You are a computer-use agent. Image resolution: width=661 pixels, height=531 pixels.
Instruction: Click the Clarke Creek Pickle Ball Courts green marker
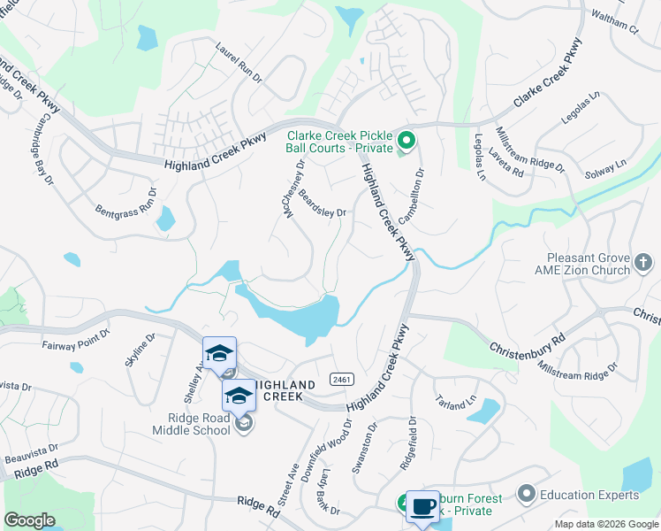coord(406,141)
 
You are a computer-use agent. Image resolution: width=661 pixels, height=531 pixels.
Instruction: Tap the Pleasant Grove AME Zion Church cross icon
coord(642,263)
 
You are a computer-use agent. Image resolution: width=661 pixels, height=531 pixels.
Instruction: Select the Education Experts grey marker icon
coord(528,493)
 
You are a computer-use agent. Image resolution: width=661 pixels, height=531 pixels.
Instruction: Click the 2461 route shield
coord(342,379)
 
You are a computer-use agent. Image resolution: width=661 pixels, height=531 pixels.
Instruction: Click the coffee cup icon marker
coord(422,506)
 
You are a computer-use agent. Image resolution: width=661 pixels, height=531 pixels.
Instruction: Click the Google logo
coord(29,520)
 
